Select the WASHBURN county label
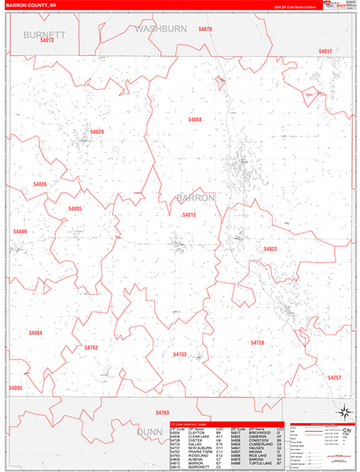click(161, 28)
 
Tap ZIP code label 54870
click(205, 29)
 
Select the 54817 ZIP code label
click(325, 51)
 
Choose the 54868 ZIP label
click(195, 120)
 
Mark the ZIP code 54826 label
click(40, 184)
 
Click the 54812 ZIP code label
click(189, 214)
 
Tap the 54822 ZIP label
click(270, 249)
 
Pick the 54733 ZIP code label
click(179, 355)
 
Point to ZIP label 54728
click(257, 343)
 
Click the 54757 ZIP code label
click(334, 378)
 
